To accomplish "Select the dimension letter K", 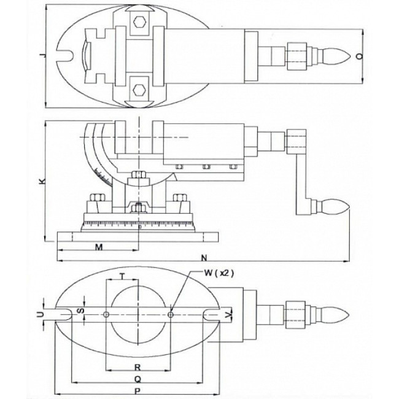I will (41, 181).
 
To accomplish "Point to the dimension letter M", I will (98, 247).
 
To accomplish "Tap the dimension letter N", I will (204, 256).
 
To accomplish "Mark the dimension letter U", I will (41, 314).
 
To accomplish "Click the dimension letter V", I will (230, 314).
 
